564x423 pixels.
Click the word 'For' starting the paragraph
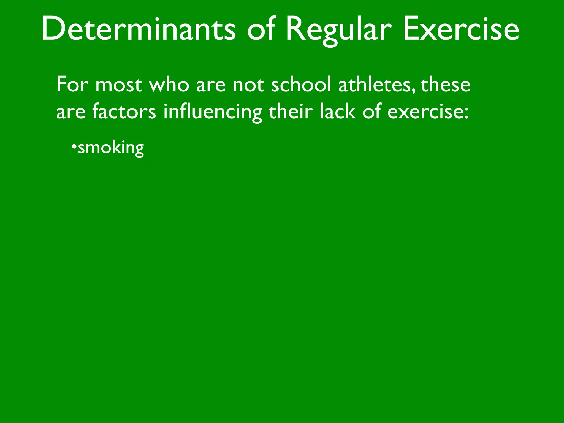pyautogui.click(x=72, y=84)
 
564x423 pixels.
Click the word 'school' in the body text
pyautogui.click(x=301, y=84)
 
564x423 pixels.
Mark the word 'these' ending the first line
pyautogui.click(x=446, y=84)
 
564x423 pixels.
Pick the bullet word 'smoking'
pyautogui.click(x=111, y=148)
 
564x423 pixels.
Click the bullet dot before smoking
pyautogui.click(x=74, y=146)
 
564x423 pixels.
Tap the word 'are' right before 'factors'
pyautogui.click(x=71, y=113)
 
